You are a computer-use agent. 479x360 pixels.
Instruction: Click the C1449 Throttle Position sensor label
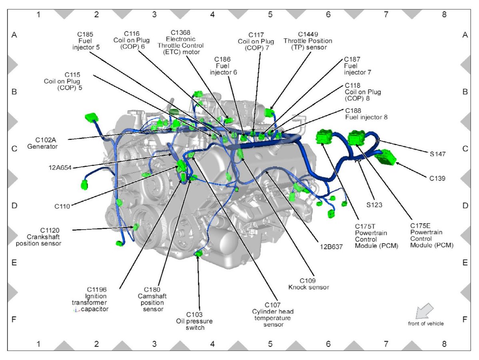(307, 41)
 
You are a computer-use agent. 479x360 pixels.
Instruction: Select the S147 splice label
(438, 153)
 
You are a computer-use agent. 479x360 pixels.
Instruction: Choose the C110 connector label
(62, 207)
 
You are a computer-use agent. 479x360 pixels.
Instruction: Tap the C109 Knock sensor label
(308, 284)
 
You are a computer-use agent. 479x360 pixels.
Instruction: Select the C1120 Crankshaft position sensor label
(39, 237)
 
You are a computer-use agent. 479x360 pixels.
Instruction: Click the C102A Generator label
(42, 143)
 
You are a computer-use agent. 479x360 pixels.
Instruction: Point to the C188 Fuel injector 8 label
(366, 114)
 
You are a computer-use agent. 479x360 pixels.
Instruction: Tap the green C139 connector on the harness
(387, 157)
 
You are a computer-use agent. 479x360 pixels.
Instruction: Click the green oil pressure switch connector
(199, 254)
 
